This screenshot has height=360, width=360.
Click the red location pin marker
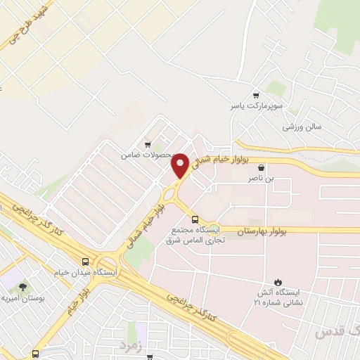180,164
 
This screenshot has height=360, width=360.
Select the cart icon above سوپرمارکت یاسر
256,95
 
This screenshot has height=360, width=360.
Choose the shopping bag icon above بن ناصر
262,168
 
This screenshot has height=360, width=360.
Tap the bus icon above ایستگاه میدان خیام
85,259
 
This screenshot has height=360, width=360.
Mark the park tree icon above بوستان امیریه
23,287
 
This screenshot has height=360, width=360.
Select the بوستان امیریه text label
23,299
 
